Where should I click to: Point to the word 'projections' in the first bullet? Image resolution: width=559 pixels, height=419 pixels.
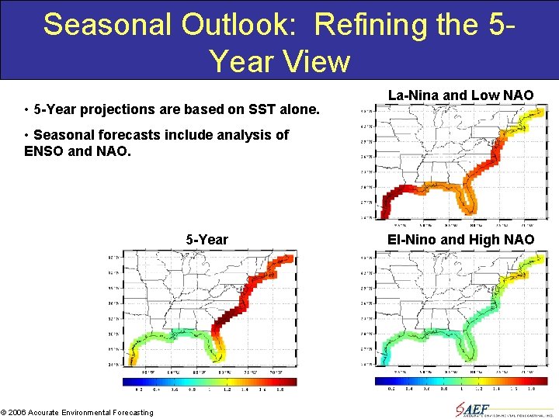112,109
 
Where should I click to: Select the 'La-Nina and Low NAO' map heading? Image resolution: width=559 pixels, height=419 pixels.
460,95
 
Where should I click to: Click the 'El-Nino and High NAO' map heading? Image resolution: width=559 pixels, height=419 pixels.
460,240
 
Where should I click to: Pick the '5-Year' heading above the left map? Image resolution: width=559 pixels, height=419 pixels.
207,240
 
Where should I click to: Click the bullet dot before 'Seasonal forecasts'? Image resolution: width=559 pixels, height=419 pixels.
27,135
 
